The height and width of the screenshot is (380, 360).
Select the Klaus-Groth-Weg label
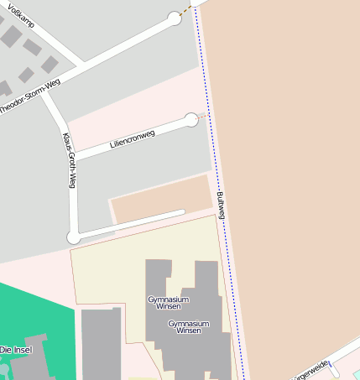(70, 159)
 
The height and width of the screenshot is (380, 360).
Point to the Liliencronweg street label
(133, 139)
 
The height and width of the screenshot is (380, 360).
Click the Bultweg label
(221, 206)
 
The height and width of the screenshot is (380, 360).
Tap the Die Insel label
(16, 350)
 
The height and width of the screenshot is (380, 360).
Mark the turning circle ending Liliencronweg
(191, 120)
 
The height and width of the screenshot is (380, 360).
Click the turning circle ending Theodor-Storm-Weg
(175, 18)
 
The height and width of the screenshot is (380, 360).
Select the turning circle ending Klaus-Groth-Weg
(74, 237)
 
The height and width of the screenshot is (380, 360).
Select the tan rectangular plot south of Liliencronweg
(159, 198)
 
